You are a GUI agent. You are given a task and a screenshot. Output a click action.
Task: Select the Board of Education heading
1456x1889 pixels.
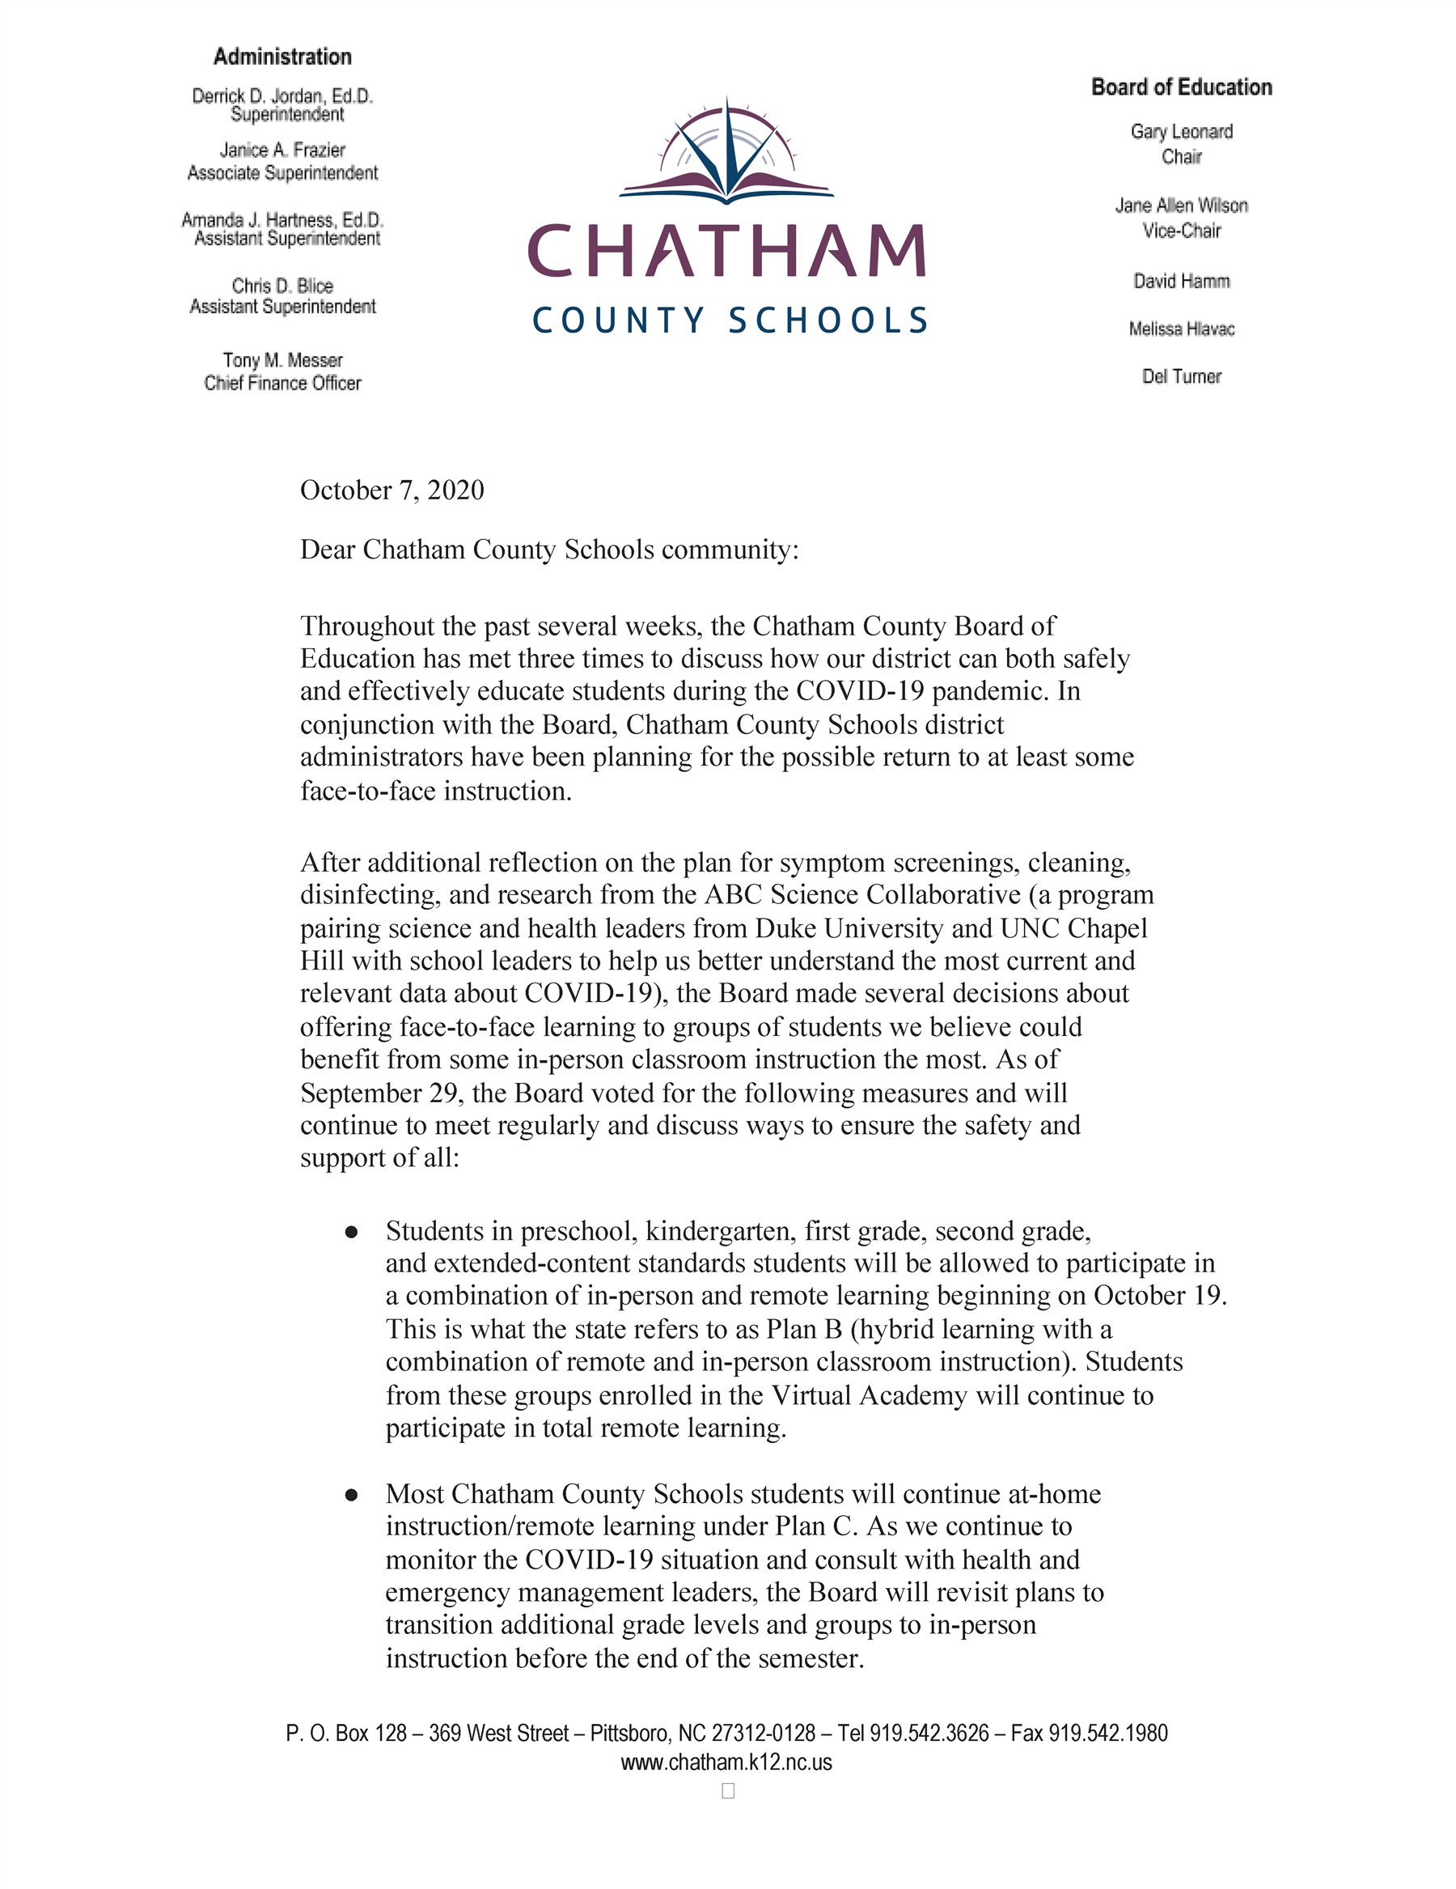pyautogui.click(x=1181, y=87)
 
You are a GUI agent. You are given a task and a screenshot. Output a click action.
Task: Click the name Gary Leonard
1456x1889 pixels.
pyautogui.click(x=1181, y=131)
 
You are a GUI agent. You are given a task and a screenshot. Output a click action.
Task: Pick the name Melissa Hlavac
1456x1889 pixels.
pyautogui.click(x=1181, y=329)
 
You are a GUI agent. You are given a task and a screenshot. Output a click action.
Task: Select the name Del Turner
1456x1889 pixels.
pyautogui.click(x=1181, y=376)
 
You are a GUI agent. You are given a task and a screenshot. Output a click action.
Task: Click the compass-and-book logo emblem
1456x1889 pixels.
pyautogui.click(x=726, y=153)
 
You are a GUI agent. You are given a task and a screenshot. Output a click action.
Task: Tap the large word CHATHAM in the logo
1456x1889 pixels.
pyautogui.click(x=726, y=252)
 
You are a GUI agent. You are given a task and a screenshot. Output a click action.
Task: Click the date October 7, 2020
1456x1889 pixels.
pyautogui.click(x=392, y=490)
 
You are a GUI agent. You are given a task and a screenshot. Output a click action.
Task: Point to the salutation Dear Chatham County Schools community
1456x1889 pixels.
pyautogui.click(x=549, y=550)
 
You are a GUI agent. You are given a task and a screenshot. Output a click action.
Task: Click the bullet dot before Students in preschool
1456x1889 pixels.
pyautogui.click(x=351, y=1232)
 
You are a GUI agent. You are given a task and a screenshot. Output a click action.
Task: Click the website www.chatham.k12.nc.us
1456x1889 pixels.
pyautogui.click(x=726, y=1763)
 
